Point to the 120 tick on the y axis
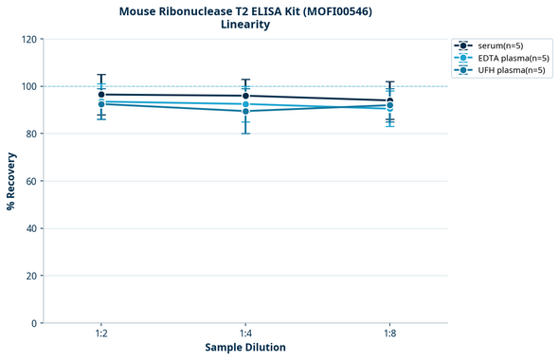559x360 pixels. tap(28, 39)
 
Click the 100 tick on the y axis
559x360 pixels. tap(28, 86)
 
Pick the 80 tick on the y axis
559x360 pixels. tap(31, 134)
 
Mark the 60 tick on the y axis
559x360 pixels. tap(31, 181)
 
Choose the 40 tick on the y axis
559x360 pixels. tap(31, 228)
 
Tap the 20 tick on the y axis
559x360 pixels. tap(31, 276)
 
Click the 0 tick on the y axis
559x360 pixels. tap(34, 323)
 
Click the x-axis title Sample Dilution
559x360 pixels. tap(245, 348)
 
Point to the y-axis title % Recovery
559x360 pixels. tap(11, 181)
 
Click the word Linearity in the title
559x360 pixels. tap(245, 25)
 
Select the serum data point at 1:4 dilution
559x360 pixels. tap(245, 96)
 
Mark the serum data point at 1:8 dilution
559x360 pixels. tap(389, 101)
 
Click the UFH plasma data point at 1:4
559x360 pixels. tap(245, 111)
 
